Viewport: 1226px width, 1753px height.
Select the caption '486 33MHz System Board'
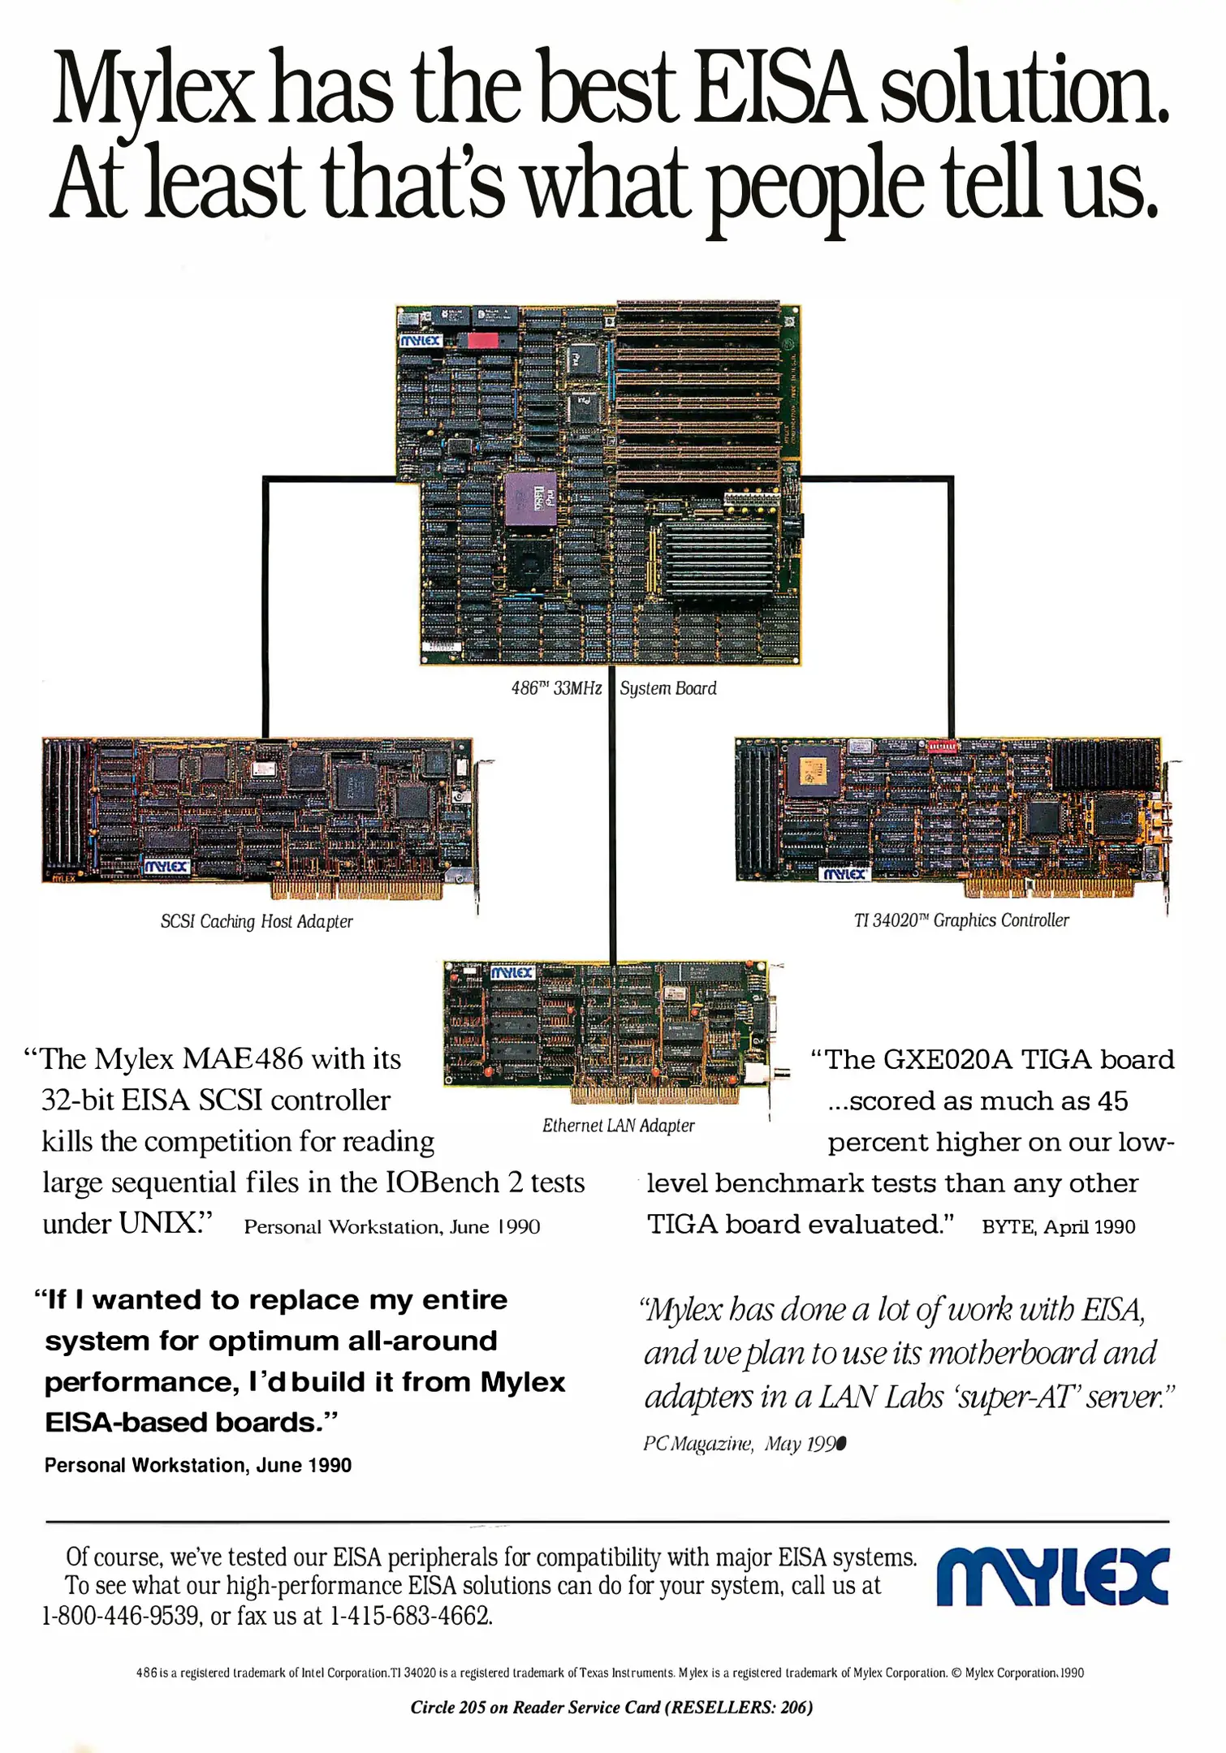pyautogui.click(x=614, y=688)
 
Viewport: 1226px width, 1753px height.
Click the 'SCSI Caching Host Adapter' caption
pyautogui.click(x=257, y=921)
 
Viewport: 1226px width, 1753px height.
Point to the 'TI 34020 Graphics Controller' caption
pyautogui.click(x=961, y=920)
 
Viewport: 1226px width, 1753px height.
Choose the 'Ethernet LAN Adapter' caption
pyautogui.click(x=619, y=1125)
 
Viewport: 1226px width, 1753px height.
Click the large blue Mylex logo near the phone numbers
pyautogui.click(x=1052, y=1578)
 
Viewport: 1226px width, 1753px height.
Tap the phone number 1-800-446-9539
pyautogui.click(x=121, y=1615)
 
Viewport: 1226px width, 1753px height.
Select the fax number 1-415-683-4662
pyautogui.click(x=411, y=1615)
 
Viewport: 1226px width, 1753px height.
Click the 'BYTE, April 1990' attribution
pyautogui.click(x=1059, y=1226)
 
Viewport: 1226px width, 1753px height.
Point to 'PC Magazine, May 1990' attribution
pyautogui.click(x=745, y=1444)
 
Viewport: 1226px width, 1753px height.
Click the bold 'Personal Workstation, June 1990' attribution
pyautogui.click(x=198, y=1465)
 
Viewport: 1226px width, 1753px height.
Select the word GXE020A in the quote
pyautogui.click(x=948, y=1059)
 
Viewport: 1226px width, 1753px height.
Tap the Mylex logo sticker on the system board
pyautogui.click(x=421, y=341)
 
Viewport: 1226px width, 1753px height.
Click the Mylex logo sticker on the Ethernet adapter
pyautogui.click(x=512, y=972)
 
